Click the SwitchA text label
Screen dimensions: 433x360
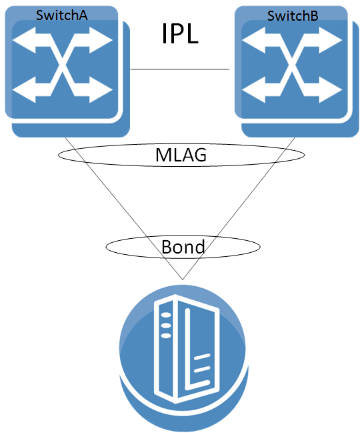click(x=61, y=14)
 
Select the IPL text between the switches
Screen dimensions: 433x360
click(x=180, y=33)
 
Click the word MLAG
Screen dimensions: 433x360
click(x=181, y=155)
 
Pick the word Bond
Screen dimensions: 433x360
click(x=183, y=247)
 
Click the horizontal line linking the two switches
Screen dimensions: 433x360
click(x=180, y=69)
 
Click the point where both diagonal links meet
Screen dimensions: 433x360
click(x=181, y=280)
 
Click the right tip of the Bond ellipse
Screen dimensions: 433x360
click(x=257, y=248)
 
